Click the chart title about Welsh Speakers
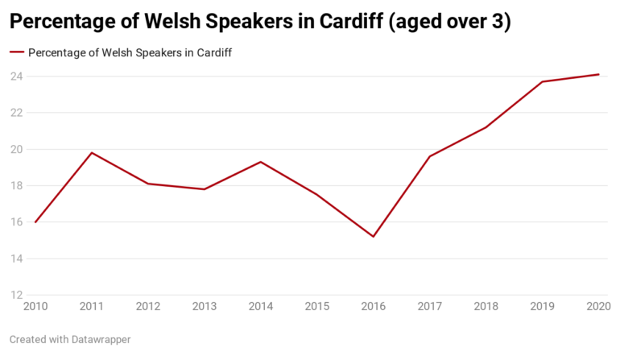coord(259,23)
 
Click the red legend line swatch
coord(17,53)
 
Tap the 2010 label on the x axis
coord(35,306)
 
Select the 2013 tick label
coord(205,306)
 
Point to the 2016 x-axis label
coord(374,306)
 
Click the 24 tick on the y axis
coord(15,77)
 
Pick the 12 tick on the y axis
coord(15,295)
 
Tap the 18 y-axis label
coord(15,186)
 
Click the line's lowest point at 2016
coord(374,237)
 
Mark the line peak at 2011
coord(92,153)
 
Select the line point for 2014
coord(261,162)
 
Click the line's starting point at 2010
coord(35,222)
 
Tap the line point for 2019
coord(543,82)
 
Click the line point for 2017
coord(430,156)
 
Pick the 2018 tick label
coord(486,306)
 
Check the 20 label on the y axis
coord(15,150)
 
